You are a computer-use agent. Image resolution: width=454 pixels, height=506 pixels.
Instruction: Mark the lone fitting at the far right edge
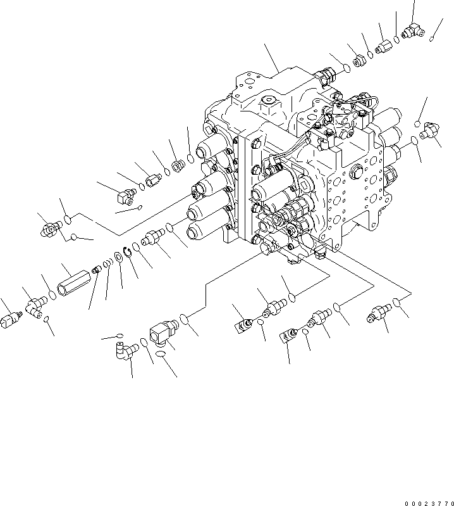(x=431, y=132)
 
